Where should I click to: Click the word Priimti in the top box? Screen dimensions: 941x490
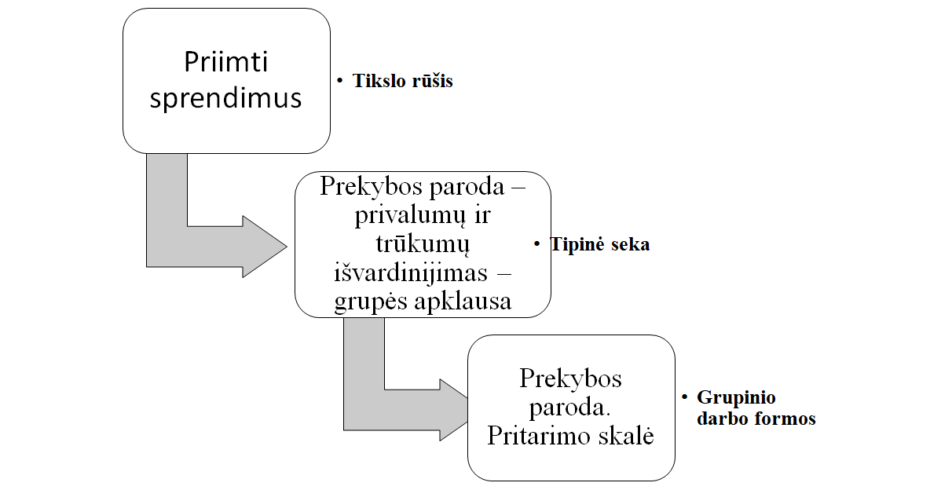pyautogui.click(x=225, y=62)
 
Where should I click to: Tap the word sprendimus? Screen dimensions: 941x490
pyautogui.click(x=225, y=98)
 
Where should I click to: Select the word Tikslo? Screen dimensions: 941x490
pyautogui.click(x=380, y=81)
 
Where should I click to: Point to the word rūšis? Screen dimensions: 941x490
pyautogui.click(x=432, y=81)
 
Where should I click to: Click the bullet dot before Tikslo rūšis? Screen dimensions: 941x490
pyautogui.click(x=340, y=81)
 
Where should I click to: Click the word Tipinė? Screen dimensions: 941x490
pyautogui.click(x=577, y=244)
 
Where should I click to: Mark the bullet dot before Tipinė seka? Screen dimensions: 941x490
pyautogui.click(x=537, y=244)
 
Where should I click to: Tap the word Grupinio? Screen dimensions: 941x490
pyautogui.click(x=736, y=397)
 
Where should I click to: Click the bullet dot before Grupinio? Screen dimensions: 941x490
pyautogui.click(x=685, y=397)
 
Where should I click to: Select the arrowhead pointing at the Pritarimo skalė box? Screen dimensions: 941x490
pyautogui.click(x=452, y=410)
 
